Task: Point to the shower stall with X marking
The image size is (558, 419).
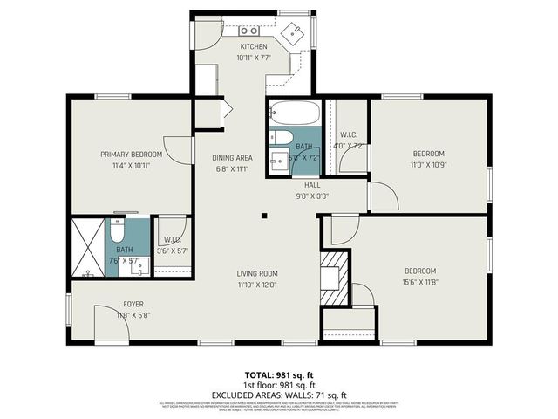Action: [88, 246]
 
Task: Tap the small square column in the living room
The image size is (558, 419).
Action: [263, 217]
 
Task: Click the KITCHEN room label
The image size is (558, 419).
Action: [253, 46]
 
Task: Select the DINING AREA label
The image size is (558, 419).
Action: [232, 158]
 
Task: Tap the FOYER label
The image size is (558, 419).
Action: [133, 305]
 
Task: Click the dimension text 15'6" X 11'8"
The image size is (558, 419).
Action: [420, 282]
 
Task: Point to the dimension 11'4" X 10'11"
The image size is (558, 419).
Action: [131, 166]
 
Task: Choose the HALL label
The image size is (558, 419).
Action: [311, 186]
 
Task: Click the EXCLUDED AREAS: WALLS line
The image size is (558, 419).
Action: [279, 394]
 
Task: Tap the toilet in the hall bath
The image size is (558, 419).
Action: [282, 138]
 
